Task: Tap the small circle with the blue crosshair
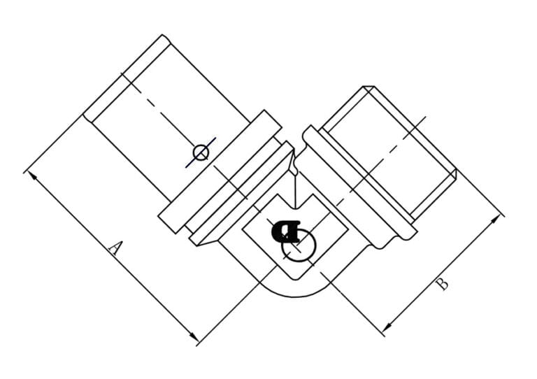pyautogui.click(x=201, y=152)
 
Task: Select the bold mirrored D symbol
pyautogui.click(x=287, y=231)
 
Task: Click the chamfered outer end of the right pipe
pyautogui.click(x=413, y=126)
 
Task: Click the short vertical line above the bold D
pyautogui.click(x=296, y=189)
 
